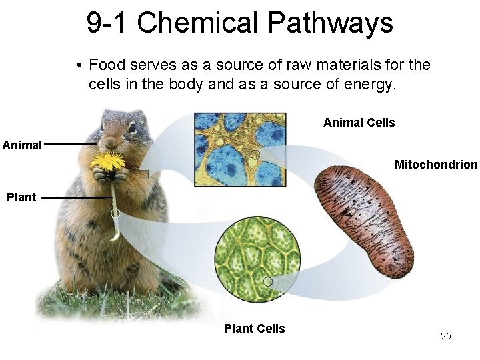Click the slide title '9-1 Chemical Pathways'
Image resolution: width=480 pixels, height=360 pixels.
click(x=239, y=23)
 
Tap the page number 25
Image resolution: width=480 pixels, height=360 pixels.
click(x=446, y=336)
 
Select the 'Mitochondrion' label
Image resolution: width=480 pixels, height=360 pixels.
click(x=436, y=164)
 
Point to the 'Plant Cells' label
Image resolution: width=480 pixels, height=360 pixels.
click(x=254, y=328)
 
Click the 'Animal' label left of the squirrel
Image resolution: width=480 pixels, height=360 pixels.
click(x=23, y=144)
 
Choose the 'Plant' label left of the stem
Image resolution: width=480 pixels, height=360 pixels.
click(x=21, y=197)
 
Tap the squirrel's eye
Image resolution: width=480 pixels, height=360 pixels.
click(x=132, y=126)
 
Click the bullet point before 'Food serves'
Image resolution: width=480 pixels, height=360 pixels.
click(x=79, y=65)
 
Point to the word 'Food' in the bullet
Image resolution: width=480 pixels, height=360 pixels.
click(x=104, y=65)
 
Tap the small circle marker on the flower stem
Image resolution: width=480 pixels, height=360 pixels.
click(x=115, y=213)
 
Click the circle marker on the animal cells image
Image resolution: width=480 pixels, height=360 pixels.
click(x=254, y=155)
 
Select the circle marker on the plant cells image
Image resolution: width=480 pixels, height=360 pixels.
click(x=267, y=281)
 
